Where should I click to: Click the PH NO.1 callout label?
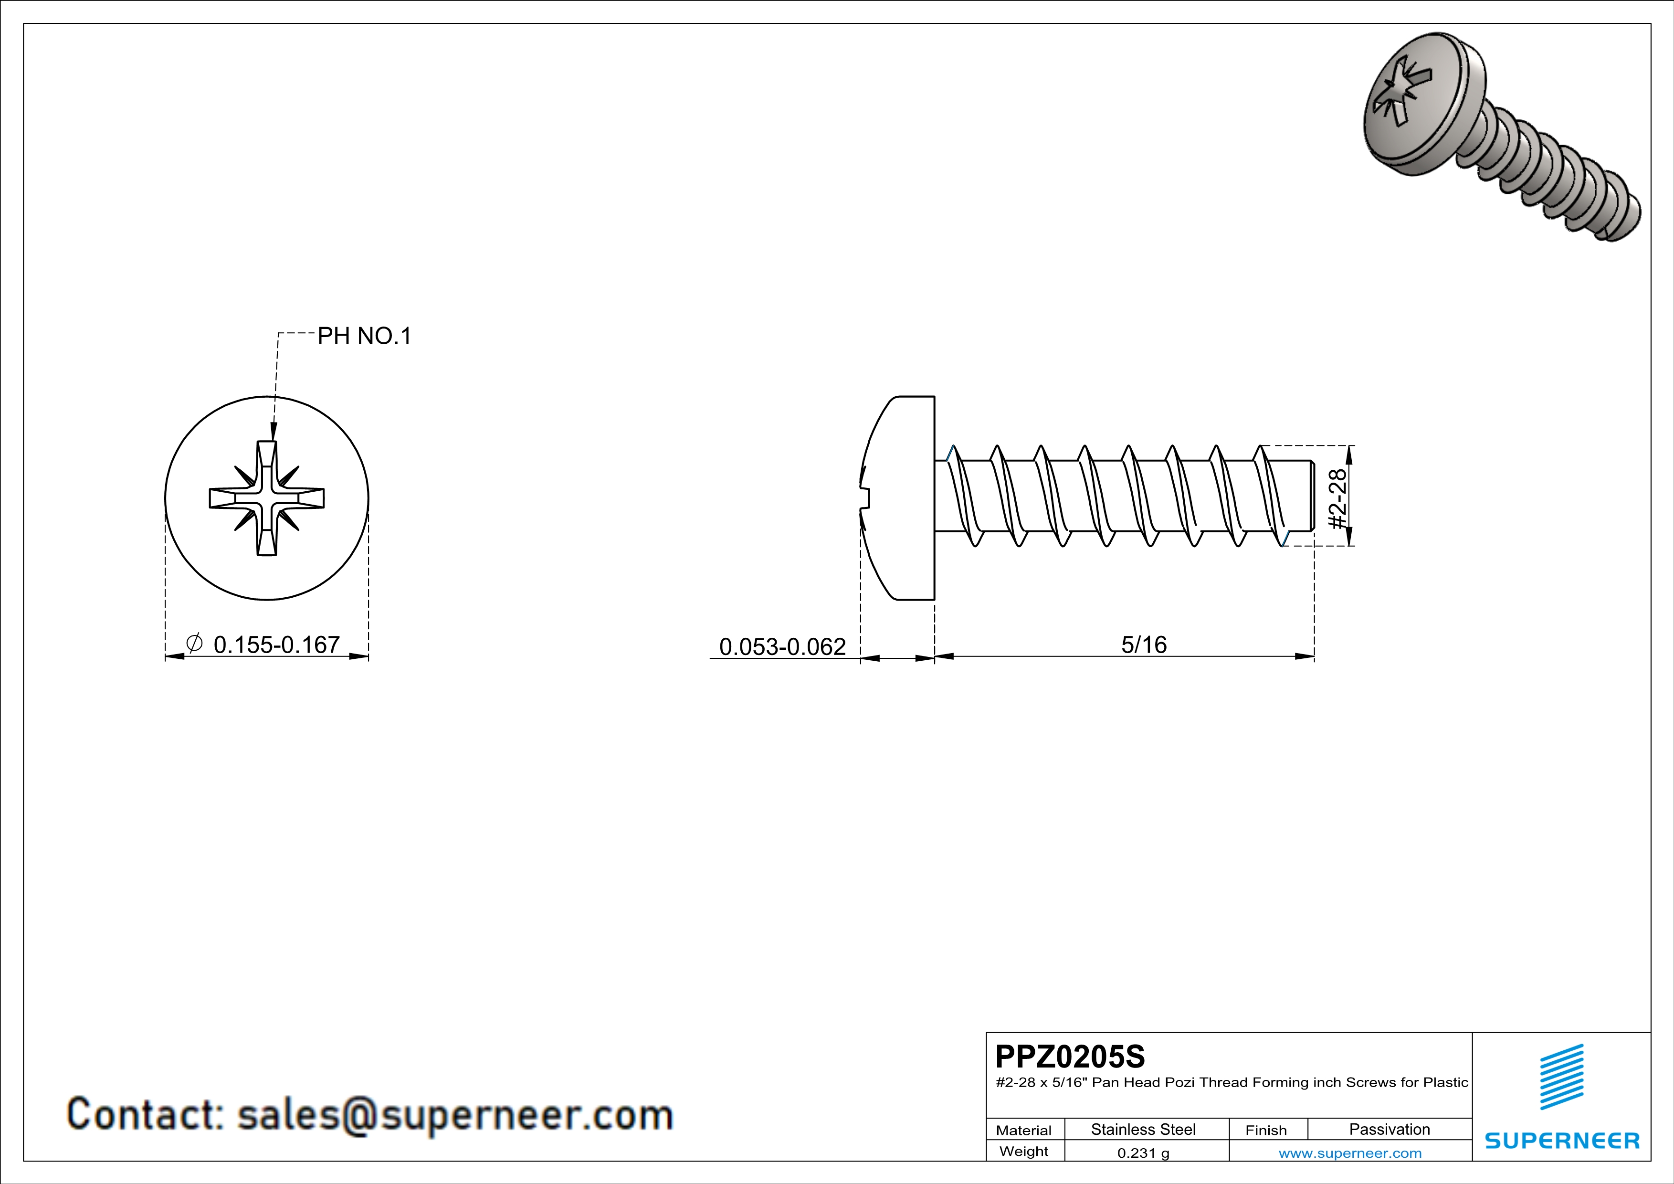click(365, 336)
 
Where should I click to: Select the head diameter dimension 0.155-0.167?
click(276, 645)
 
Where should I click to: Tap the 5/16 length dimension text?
click(1143, 645)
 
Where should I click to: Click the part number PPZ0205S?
click(1070, 1057)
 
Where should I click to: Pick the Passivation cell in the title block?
click(1389, 1129)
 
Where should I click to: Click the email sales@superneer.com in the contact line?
click(455, 1115)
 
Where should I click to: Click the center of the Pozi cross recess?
click(267, 499)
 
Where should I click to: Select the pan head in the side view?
click(900, 499)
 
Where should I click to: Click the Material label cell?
click(1024, 1130)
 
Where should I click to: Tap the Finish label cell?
click(1266, 1130)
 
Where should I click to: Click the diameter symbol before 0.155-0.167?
click(194, 643)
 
